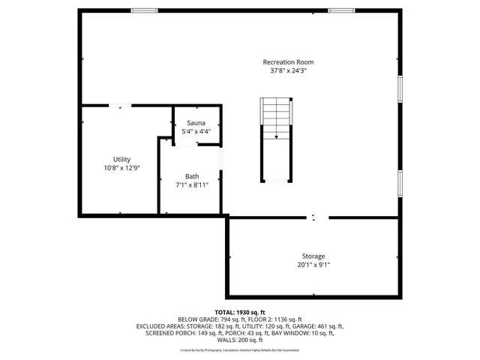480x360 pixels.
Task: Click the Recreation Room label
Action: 288,61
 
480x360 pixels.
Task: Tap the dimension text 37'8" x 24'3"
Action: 288,70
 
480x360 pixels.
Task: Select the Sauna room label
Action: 196,122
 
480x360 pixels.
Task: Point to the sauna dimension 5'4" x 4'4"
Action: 196,131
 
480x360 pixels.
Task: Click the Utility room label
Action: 122,159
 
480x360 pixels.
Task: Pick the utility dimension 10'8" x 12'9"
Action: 122,168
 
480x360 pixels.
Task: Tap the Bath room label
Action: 193,176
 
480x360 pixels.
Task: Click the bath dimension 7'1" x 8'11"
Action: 193,185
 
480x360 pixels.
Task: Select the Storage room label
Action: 313,256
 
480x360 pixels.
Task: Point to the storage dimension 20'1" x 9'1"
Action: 313,265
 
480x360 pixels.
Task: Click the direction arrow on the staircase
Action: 276,136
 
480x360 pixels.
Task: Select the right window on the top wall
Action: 341,10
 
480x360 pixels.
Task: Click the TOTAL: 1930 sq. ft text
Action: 239,312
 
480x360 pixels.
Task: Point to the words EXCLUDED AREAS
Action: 160,326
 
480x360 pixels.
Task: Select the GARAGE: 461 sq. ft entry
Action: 319,326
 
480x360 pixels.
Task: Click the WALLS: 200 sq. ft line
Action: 239,340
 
